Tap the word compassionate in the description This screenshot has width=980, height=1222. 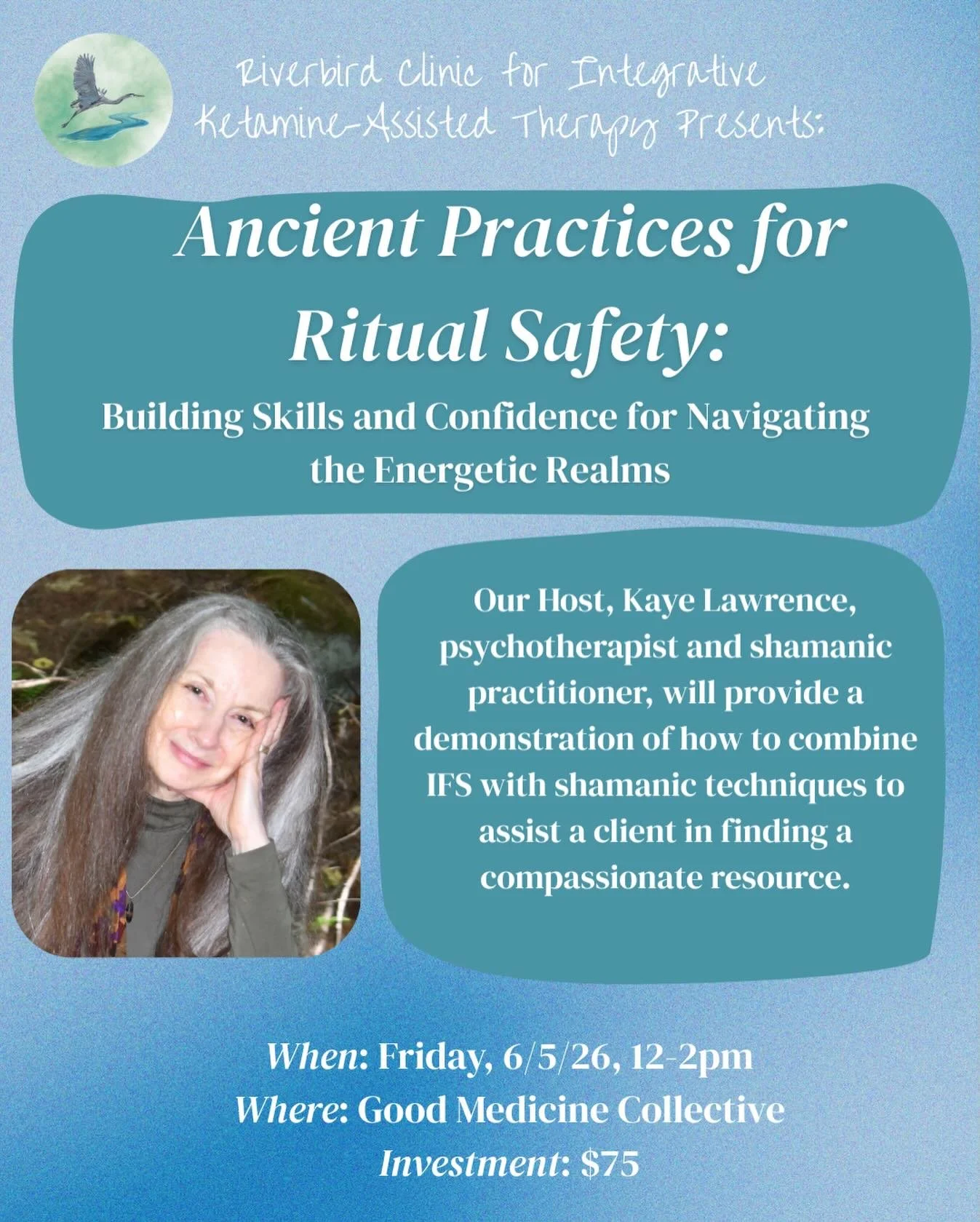pyautogui.click(x=589, y=878)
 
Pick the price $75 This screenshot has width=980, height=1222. pyautogui.click(x=610, y=1163)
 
